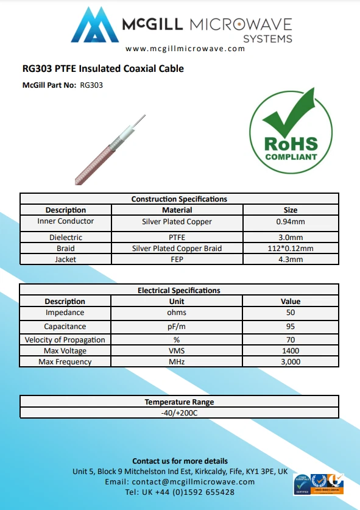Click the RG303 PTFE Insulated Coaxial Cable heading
(x=103, y=69)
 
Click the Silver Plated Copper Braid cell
(x=177, y=248)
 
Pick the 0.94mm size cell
(x=291, y=222)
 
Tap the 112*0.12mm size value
(x=291, y=248)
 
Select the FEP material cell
(x=177, y=259)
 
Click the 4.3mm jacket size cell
(x=291, y=259)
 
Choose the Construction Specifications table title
(x=179, y=199)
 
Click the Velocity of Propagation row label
(x=65, y=339)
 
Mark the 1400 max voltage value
(x=291, y=350)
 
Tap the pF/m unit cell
(x=177, y=326)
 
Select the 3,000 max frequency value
(x=291, y=361)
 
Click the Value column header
(x=291, y=301)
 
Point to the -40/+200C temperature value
(x=179, y=413)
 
